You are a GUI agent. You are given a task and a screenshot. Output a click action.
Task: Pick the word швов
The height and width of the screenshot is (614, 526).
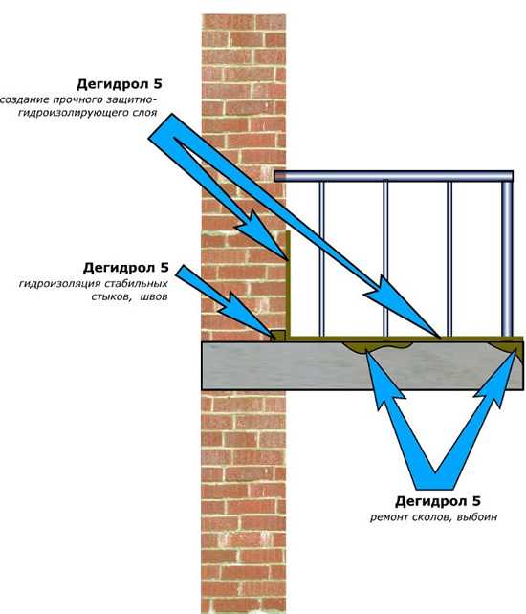154,296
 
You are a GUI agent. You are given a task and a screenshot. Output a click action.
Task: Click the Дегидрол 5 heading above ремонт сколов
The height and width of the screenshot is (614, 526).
437,501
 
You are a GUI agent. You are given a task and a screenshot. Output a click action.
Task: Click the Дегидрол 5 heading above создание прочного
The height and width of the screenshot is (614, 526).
120,84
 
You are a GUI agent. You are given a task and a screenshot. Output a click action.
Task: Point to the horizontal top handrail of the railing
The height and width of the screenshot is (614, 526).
393,176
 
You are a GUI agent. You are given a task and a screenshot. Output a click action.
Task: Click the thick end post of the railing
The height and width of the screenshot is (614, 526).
507,258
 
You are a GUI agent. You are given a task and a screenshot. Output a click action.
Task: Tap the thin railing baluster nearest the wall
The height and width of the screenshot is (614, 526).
321,258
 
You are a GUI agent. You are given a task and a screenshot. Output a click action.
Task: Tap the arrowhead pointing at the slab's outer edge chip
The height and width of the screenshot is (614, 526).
501,376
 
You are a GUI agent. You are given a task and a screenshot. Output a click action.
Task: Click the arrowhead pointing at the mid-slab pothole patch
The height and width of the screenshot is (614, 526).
382,376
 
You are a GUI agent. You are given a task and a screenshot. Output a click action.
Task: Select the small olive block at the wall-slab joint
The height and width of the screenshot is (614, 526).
277,335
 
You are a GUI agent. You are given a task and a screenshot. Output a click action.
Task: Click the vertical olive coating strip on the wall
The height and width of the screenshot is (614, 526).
288,284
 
